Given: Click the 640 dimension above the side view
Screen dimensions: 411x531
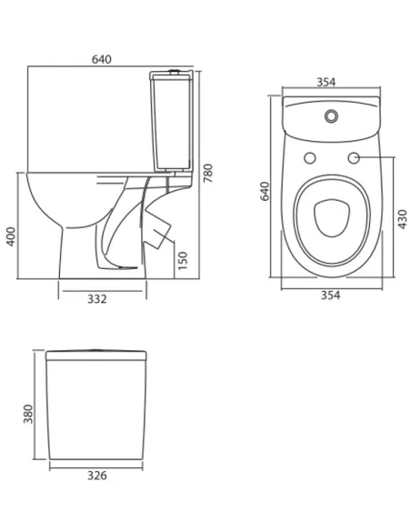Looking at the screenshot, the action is pos(101,59).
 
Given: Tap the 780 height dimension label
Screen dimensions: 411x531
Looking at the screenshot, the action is pos(208,173).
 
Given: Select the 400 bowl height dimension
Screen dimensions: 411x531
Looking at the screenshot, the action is pos(11,236).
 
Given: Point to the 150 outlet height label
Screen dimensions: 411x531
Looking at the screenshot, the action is pos(183,260).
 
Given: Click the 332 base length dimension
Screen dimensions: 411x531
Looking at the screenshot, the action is pos(97,299).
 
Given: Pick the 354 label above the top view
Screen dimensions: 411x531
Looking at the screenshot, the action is pos(326,82).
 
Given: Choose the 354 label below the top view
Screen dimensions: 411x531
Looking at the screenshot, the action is pos(330,296).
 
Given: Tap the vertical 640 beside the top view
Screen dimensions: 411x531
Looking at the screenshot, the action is pos(265,191).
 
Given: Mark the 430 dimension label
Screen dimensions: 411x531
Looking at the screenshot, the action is pos(402,219).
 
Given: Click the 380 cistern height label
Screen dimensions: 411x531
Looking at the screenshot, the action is pos(28,414).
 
